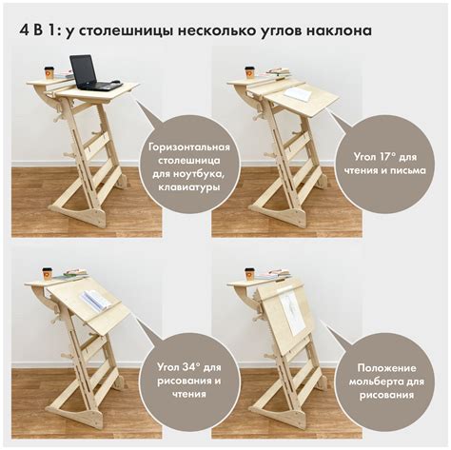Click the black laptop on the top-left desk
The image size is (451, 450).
pos(85,72)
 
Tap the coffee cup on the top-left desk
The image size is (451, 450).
pos(49,71)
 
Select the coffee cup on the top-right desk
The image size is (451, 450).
pos(249,72)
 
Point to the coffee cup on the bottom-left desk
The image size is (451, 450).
pos(48,273)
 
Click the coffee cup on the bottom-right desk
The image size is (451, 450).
pos(250,273)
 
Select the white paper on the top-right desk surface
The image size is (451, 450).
pos(297,94)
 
